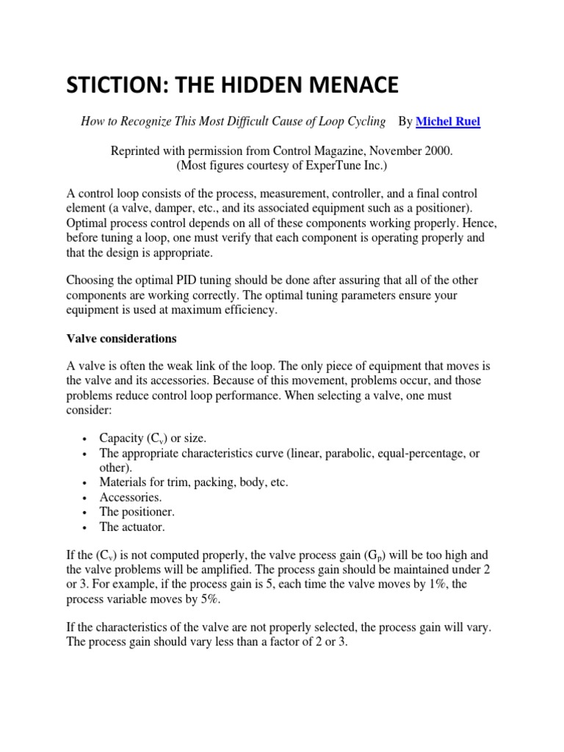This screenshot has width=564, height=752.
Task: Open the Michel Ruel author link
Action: pos(448,122)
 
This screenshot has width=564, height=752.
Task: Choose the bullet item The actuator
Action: pos(132,527)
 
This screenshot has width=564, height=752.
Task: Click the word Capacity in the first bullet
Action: pos(122,438)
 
